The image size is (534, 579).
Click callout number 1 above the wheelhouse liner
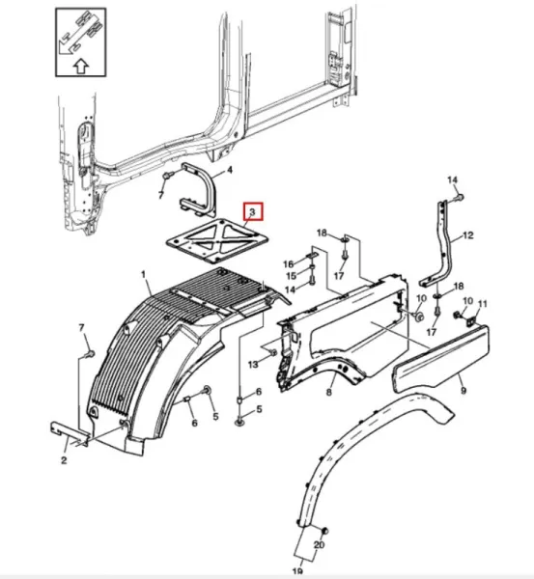coord(143,275)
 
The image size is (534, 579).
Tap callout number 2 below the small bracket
coord(64,460)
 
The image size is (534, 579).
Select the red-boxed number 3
coord(253,212)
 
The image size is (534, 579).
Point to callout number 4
coord(230,170)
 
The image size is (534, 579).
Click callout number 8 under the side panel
coord(329,392)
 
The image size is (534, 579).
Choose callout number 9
coord(464,390)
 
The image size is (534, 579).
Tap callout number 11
coord(483,304)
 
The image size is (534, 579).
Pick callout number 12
coord(467,235)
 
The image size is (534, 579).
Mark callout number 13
coord(253,365)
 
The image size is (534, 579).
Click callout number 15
coord(292,276)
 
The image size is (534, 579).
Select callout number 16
coord(289,264)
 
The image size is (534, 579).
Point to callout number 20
coord(319,545)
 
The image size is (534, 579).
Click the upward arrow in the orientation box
coord(81,67)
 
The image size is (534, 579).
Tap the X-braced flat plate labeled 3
coord(217,240)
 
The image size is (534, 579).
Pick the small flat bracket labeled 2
coord(70,431)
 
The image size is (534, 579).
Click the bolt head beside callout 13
coord(273,352)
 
